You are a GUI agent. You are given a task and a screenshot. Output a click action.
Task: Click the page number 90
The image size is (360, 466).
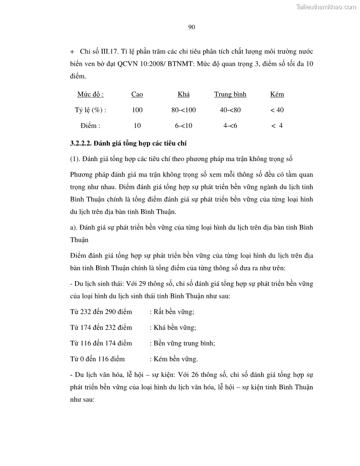click(191, 27)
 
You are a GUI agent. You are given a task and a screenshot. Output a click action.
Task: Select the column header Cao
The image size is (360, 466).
click(137, 94)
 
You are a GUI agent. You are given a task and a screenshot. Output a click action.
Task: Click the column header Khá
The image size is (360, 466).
click(184, 94)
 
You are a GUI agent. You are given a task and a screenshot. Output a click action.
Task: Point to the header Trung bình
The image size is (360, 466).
click(230, 94)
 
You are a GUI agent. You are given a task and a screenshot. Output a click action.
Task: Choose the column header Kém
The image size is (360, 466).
click(277, 94)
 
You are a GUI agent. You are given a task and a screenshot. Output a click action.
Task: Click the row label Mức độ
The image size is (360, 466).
click(90, 94)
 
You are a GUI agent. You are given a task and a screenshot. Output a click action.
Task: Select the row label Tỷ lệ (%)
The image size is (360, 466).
click(90, 110)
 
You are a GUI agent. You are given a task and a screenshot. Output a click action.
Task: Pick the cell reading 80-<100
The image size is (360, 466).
click(184, 110)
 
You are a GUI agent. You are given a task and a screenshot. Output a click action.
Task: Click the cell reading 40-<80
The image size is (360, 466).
click(230, 110)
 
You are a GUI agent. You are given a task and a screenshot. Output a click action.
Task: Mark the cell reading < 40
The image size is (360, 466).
click(277, 110)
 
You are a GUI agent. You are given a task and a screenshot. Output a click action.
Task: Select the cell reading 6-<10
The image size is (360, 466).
click(184, 126)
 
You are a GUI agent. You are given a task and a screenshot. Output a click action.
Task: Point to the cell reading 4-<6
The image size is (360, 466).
click(230, 126)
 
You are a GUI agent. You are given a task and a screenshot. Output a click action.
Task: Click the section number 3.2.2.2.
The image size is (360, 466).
click(83, 143)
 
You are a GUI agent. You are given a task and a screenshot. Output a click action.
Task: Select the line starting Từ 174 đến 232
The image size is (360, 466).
click(101, 327)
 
